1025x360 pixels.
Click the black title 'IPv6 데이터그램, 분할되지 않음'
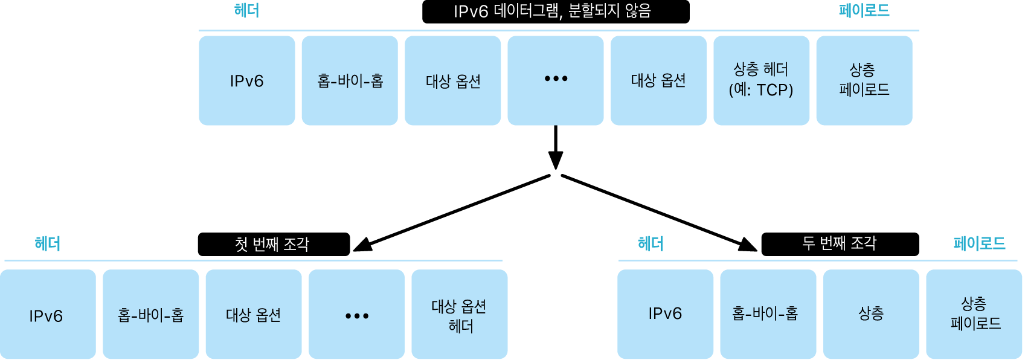pyautogui.click(x=556, y=11)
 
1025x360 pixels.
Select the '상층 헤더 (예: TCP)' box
pyautogui.click(x=761, y=80)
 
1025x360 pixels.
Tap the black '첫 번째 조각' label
pyautogui.click(x=274, y=244)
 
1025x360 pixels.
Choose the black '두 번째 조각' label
pyautogui.click(x=840, y=244)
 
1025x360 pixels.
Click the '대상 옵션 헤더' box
pyautogui.click(x=459, y=314)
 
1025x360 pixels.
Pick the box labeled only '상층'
pyautogui.click(x=871, y=314)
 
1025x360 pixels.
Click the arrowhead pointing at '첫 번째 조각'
pyautogui.click(x=362, y=245)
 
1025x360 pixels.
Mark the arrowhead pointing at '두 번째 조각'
pyautogui.click(x=748, y=245)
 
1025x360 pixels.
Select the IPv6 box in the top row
pyautogui.click(x=247, y=80)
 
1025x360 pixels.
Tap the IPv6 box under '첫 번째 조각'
pyautogui.click(x=47, y=314)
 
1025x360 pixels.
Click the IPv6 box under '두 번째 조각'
pyautogui.click(x=665, y=314)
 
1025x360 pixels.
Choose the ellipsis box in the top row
pyautogui.click(x=556, y=80)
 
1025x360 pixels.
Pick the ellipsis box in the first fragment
pyautogui.click(x=356, y=314)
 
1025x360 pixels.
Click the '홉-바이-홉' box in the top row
pyautogui.click(x=350, y=80)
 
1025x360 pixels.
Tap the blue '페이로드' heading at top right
pyautogui.click(x=864, y=11)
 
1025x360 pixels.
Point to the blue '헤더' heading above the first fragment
pyautogui.click(x=47, y=243)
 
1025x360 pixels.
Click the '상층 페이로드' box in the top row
pyautogui.click(x=864, y=80)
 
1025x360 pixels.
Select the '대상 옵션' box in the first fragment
pyautogui.click(x=254, y=314)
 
